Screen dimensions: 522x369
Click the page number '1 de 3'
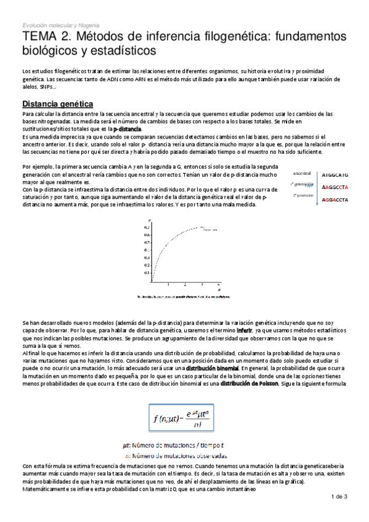pyautogui.click(x=339, y=496)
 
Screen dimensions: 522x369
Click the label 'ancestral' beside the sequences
pyautogui.click(x=302, y=174)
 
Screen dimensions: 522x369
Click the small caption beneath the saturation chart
pyautogui.click(x=185, y=297)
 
